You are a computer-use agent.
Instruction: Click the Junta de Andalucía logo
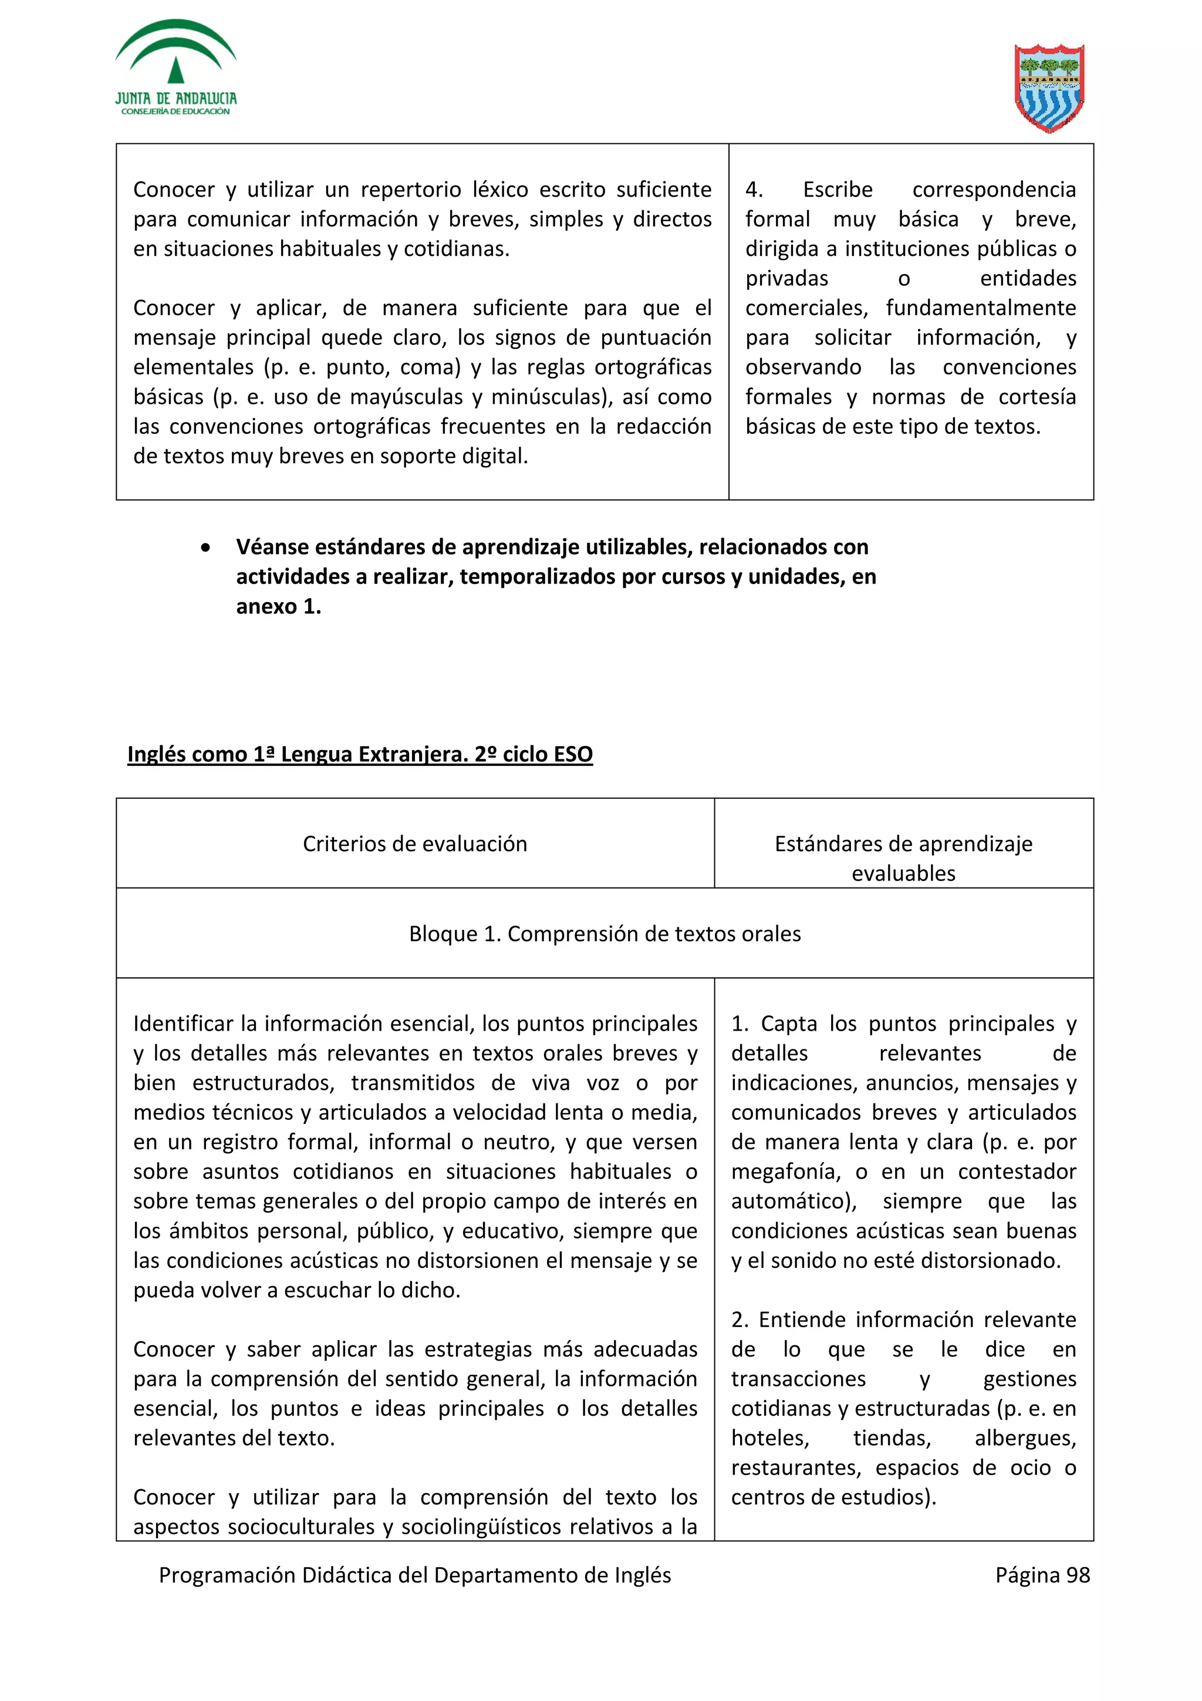[x=175, y=69]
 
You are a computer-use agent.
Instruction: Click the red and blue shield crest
[x=1049, y=87]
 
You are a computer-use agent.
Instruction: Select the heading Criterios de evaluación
[x=415, y=844]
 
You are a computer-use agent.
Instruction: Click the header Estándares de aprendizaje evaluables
[x=903, y=858]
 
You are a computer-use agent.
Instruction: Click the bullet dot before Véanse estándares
[x=205, y=548]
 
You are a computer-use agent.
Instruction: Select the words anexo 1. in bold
[x=278, y=607]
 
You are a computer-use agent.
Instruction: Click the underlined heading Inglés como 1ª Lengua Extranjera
[x=360, y=754]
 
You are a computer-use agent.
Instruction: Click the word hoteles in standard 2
[x=769, y=1438]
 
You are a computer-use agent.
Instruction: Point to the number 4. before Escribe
[x=754, y=190]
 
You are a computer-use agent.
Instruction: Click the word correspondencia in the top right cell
[x=993, y=190]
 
